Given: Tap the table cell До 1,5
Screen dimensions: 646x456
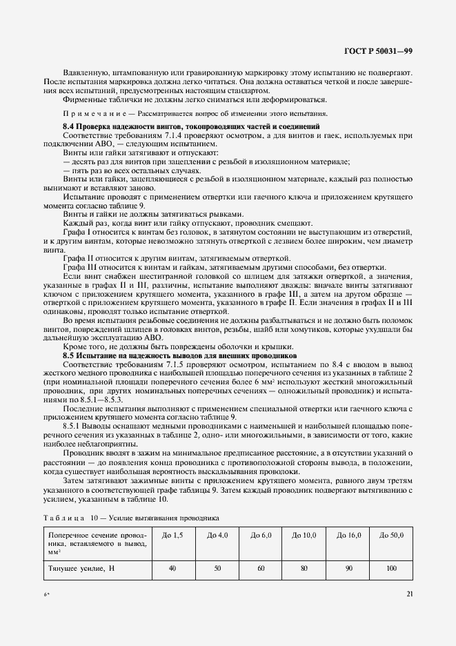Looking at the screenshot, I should point(172,535).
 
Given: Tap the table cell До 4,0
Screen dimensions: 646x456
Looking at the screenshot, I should point(217,535).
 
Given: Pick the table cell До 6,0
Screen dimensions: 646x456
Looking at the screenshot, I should point(261,535).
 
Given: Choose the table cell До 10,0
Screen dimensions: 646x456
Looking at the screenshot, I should point(304,535).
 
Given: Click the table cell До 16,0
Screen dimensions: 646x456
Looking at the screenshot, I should point(348,535).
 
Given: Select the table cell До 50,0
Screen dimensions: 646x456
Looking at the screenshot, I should point(391,535).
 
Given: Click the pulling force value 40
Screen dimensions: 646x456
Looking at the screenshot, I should point(172,567).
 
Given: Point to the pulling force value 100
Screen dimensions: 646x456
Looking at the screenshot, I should point(391,567).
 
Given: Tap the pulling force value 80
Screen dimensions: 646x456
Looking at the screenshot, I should point(304,567).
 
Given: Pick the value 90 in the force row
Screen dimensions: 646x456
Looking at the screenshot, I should point(348,567).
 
